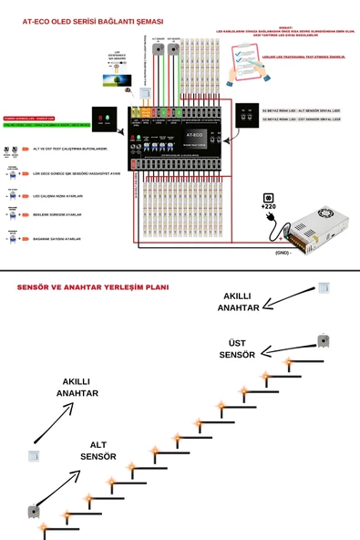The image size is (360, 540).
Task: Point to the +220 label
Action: (268, 207)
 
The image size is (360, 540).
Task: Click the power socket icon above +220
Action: (269, 197)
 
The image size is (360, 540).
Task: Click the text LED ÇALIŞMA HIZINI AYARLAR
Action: (57, 195)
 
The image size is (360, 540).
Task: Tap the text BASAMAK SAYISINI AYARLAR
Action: (57, 239)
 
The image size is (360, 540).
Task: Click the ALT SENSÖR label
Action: (98, 450)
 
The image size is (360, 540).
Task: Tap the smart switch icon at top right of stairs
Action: (323, 287)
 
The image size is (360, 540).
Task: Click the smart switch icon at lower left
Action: (34, 454)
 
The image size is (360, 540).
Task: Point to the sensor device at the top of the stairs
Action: (323, 340)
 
